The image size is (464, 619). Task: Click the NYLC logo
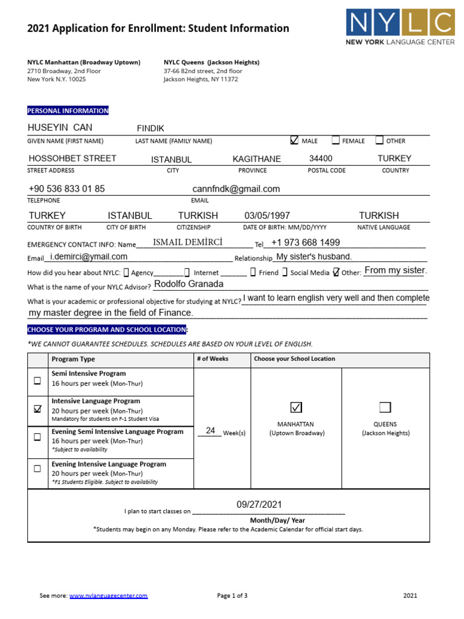click(x=401, y=27)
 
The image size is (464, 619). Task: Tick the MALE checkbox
click(x=294, y=140)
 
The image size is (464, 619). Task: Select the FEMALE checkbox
click(x=335, y=140)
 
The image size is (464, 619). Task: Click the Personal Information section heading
click(x=68, y=111)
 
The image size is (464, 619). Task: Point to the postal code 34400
click(x=321, y=158)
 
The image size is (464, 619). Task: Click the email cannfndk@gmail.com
click(x=236, y=189)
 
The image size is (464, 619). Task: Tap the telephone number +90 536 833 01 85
click(x=66, y=189)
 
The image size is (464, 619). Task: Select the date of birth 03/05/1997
click(x=267, y=216)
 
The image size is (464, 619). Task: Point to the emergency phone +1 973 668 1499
click(x=306, y=242)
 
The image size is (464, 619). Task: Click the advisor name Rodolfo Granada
click(x=188, y=284)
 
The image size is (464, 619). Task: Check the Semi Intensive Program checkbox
click(x=37, y=380)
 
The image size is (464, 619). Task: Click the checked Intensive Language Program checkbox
click(x=37, y=409)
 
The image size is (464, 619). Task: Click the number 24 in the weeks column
click(x=210, y=430)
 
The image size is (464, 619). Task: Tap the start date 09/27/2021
click(x=259, y=505)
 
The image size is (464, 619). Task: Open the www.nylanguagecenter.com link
click(x=108, y=595)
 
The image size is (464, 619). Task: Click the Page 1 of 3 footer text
click(x=232, y=595)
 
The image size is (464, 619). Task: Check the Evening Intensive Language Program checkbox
click(x=37, y=468)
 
